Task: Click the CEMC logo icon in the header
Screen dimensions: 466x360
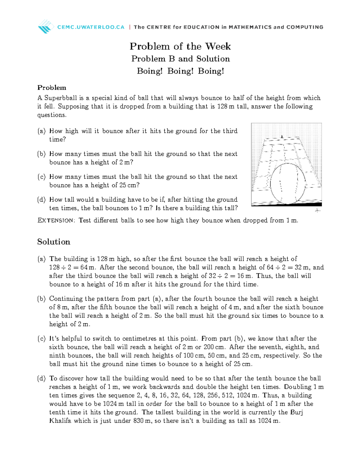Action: pos(46,26)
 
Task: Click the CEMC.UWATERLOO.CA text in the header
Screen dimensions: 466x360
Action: pos(91,27)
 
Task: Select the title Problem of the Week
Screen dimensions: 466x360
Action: pos(180,46)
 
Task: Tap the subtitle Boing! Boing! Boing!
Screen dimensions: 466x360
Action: pos(180,71)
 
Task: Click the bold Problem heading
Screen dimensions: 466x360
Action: pos(52,88)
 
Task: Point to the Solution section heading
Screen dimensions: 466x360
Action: pos(54,242)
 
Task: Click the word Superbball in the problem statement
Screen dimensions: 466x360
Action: pos(60,98)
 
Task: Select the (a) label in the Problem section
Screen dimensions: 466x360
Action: pos(41,131)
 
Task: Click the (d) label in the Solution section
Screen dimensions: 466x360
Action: pos(41,378)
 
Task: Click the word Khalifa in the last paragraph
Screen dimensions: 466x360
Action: pos(60,421)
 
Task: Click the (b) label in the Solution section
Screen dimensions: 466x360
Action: pos(41,299)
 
